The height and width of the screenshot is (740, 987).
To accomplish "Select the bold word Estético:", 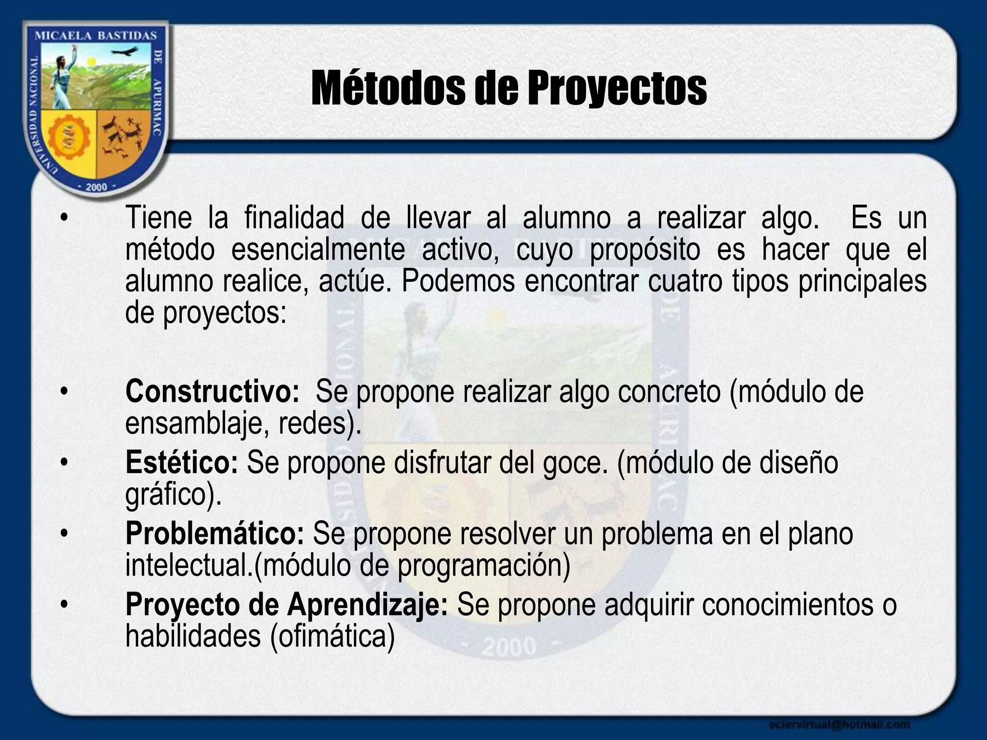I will click(182, 462).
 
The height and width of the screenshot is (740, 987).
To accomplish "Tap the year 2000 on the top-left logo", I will click(96, 187).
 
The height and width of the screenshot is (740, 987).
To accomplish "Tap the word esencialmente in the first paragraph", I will click(318, 250).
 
